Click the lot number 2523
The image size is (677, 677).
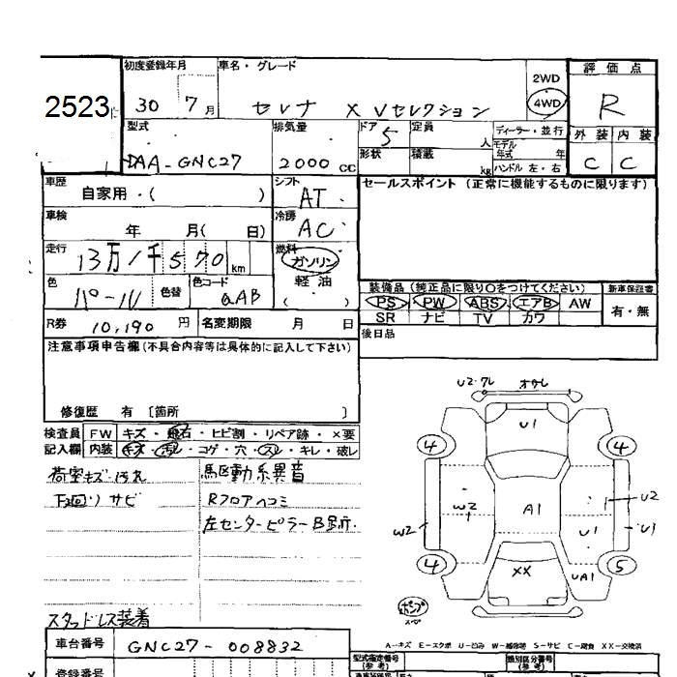pyautogui.click(x=76, y=106)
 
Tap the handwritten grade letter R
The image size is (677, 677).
pyautogui.click(x=609, y=104)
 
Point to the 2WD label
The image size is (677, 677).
pyautogui.click(x=545, y=78)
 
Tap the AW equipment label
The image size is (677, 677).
pyautogui.click(x=579, y=303)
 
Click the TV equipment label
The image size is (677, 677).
pyautogui.click(x=483, y=317)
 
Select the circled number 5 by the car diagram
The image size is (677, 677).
pyautogui.click(x=624, y=565)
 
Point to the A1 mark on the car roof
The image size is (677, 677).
pyautogui.click(x=533, y=508)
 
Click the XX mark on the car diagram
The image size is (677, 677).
pyautogui.click(x=521, y=571)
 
